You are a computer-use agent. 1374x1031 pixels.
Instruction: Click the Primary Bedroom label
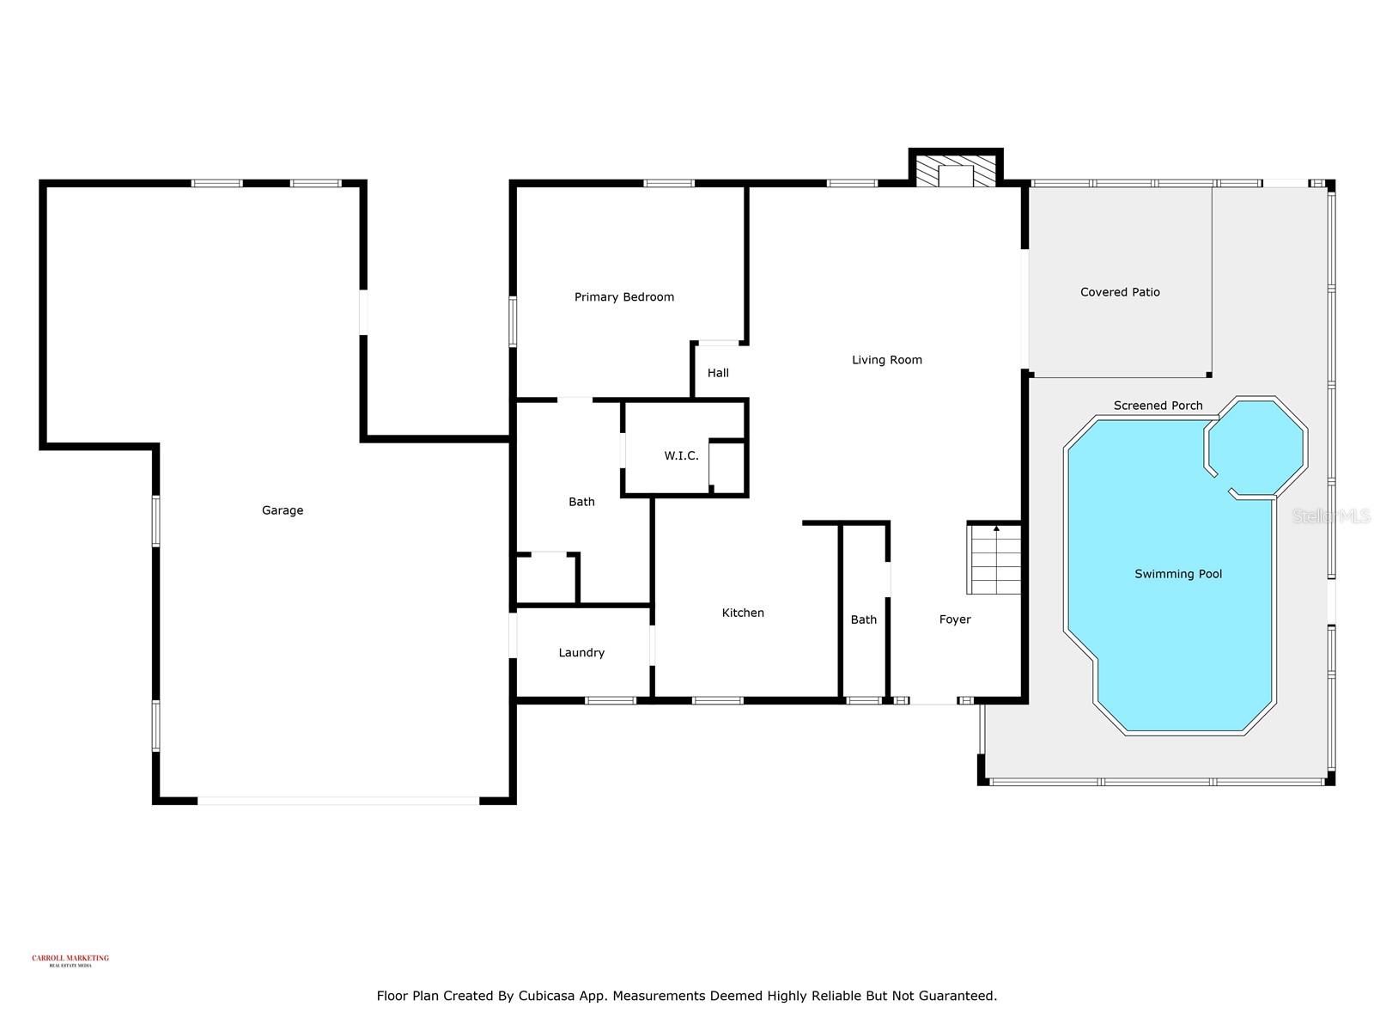(624, 297)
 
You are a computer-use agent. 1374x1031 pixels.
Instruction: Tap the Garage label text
(283, 510)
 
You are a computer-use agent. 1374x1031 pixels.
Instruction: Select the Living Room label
(887, 360)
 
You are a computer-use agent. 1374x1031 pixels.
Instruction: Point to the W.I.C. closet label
(681, 456)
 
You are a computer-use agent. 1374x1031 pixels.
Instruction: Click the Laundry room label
(581, 653)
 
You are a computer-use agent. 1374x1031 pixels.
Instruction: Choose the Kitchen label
(743, 613)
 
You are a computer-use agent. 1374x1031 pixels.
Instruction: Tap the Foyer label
(955, 619)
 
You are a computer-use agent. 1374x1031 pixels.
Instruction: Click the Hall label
(718, 373)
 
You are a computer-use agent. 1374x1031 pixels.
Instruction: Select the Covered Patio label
(1120, 292)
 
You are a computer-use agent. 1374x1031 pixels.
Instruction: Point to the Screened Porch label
(1158, 406)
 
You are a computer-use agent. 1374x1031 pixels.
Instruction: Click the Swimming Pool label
(1178, 574)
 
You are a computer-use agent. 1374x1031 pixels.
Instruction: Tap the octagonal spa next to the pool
(1256, 447)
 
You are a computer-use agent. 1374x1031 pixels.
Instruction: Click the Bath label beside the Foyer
(864, 619)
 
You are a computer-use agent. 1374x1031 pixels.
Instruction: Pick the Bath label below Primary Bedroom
(581, 502)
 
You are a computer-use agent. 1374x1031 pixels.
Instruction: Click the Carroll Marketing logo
(70, 960)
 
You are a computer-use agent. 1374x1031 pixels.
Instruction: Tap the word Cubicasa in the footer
(547, 997)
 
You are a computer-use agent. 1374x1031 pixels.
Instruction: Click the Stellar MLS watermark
(1331, 515)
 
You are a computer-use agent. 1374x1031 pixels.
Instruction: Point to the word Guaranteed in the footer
(956, 997)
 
